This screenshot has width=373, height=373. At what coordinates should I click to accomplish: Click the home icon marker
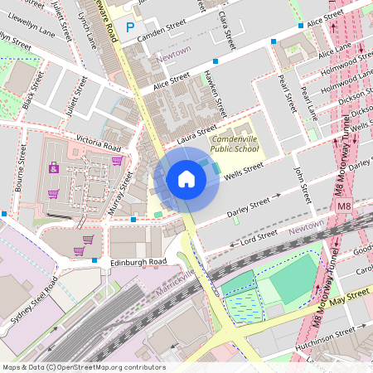tap(186, 178)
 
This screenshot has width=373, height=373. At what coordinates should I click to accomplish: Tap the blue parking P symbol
tap(129, 27)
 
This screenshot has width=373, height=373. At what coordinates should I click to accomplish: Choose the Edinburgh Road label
tap(138, 262)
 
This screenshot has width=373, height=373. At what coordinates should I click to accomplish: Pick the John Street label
tap(301, 183)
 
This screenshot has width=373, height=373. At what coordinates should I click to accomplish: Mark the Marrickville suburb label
tap(175, 284)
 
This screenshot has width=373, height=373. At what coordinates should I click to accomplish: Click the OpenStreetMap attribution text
tap(84, 367)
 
